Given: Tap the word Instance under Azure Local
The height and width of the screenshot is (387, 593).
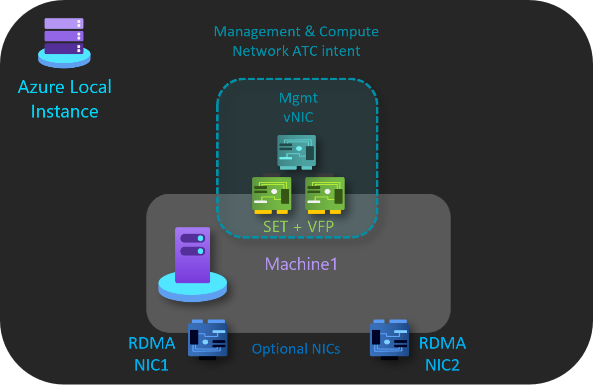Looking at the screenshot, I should click(65, 111).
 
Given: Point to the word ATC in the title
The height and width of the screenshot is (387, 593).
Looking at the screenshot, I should click(305, 51).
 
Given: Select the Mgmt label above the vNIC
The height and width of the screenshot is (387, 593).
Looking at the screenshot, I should click(298, 98).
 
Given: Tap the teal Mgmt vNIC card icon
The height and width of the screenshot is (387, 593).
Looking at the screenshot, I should click(297, 150).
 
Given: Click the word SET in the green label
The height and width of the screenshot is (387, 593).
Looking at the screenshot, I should click(275, 227).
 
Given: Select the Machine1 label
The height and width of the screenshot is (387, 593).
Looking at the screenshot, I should click(301, 264).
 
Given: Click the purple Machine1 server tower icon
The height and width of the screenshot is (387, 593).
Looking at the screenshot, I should click(193, 255).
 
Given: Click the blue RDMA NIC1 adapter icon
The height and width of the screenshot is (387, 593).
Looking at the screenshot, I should click(208, 339).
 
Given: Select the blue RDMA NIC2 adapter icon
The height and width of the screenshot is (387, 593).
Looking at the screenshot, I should click(389, 339).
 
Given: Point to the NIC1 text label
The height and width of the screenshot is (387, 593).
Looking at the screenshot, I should click(151, 366).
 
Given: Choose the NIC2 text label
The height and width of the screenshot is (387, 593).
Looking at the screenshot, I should click(442, 366).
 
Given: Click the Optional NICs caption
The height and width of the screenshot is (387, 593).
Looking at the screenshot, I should click(296, 349).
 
